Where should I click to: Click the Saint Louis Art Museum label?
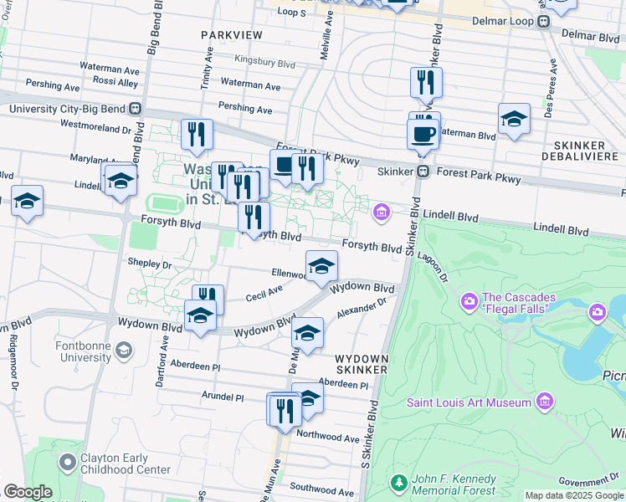tap(469, 402)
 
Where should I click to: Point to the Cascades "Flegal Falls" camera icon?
tap(469, 300)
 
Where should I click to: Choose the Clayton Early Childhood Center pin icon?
tap(68, 461)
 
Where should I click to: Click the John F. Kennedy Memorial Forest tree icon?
tap(398, 483)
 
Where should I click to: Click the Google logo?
tap(28, 492)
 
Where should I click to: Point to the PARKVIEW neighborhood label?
tap(232, 35)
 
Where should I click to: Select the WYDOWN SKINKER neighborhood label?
tap(362, 362)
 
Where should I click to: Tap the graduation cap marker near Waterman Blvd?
tap(514, 120)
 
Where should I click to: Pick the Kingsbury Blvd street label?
tap(265, 62)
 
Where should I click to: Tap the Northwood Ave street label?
tap(327, 436)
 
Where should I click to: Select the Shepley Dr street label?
tap(149, 263)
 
